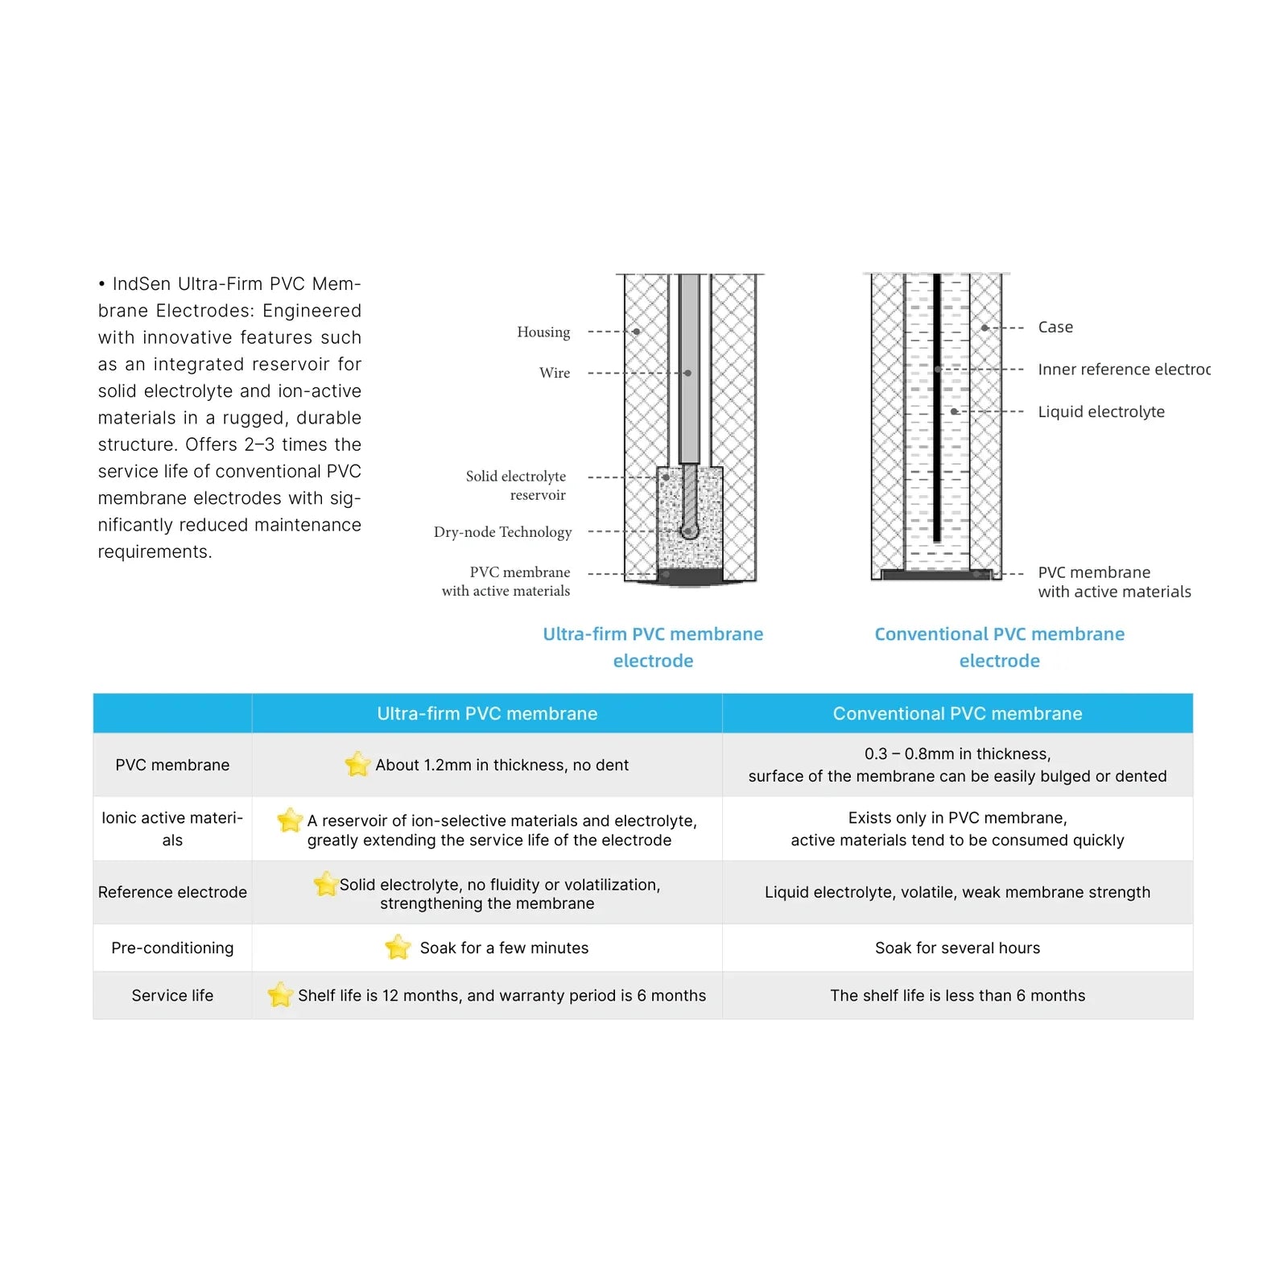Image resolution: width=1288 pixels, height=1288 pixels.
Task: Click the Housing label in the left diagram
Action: (x=543, y=332)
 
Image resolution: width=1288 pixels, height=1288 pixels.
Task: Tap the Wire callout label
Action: (x=555, y=373)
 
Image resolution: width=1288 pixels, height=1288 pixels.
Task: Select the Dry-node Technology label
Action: (x=503, y=532)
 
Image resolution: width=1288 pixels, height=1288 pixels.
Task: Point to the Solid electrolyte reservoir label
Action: (x=516, y=485)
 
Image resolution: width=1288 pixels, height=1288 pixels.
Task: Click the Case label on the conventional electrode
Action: (x=1055, y=327)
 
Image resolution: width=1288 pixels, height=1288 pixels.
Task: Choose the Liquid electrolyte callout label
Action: (x=1101, y=411)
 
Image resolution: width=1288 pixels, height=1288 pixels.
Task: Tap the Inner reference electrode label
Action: (x=1124, y=369)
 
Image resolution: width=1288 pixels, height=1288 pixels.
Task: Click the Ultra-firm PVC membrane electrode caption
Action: (x=653, y=647)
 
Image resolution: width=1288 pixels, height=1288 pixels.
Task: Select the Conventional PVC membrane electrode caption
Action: (x=1000, y=647)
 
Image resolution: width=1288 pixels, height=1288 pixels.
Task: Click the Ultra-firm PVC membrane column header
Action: (x=487, y=713)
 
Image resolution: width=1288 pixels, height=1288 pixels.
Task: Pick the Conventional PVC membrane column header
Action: (x=957, y=713)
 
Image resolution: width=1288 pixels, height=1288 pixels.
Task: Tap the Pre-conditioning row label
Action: (x=172, y=947)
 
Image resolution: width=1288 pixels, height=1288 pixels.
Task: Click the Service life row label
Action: (x=172, y=995)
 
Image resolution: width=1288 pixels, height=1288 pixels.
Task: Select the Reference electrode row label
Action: (x=172, y=892)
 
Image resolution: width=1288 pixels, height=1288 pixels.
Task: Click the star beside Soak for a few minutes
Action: (x=398, y=947)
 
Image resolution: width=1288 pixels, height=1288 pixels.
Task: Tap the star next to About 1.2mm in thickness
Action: (x=357, y=764)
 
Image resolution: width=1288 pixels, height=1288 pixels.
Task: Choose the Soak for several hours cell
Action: (x=957, y=947)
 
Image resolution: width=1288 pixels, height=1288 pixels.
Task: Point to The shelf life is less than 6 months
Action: (x=957, y=995)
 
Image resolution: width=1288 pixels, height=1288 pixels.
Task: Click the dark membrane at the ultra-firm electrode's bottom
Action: (x=690, y=576)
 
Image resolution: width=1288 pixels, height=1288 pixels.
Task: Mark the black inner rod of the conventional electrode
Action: (x=936, y=407)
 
